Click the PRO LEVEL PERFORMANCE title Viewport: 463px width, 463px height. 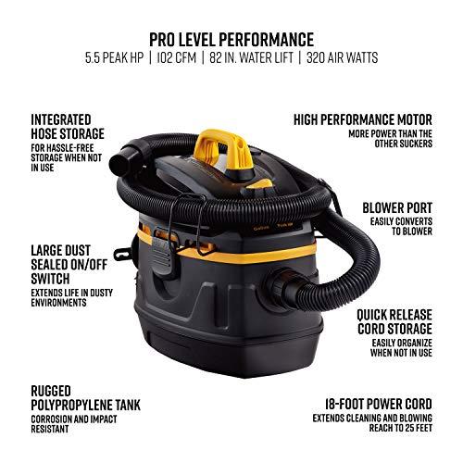coord(231,39)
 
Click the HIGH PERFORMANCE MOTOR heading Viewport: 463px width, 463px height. coord(362,119)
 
